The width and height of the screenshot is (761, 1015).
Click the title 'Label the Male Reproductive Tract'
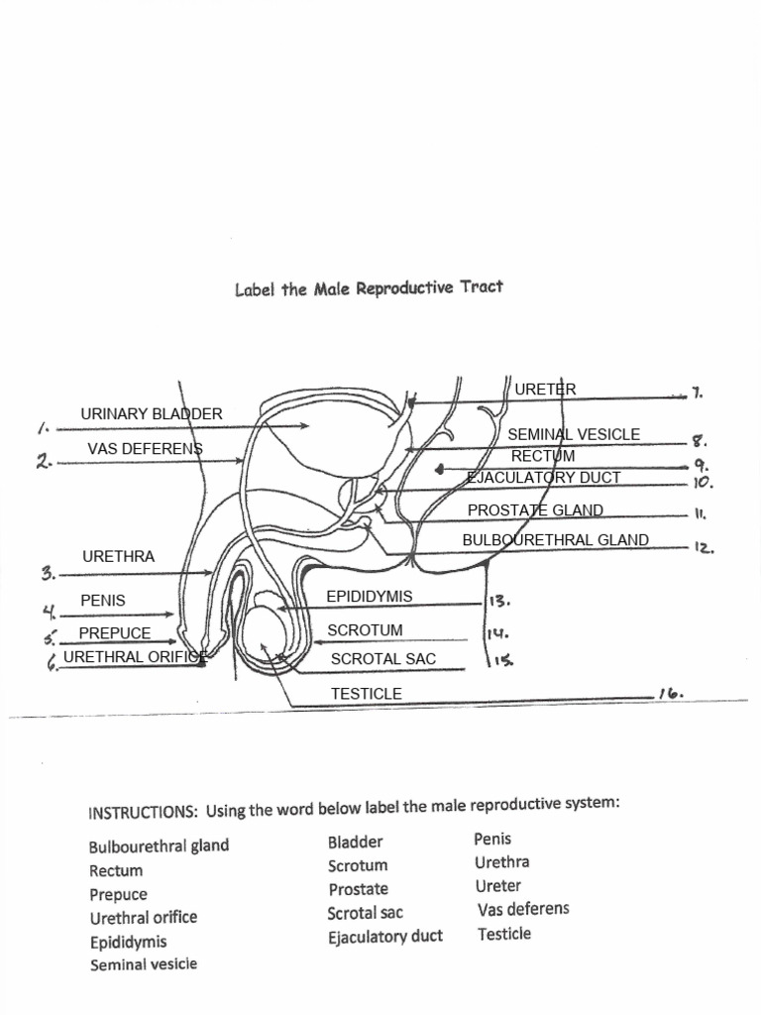pyautogui.click(x=369, y=288)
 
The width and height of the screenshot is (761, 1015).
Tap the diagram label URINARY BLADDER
pyautogui.click(x=152, y=413)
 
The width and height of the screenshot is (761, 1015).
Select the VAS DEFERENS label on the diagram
pyautogui.click(x=145, y=448)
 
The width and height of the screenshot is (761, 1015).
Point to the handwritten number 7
pyautogui.click(x=698, y=393)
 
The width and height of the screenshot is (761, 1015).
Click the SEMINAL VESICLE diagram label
pyautogui.click(x=574, y=434)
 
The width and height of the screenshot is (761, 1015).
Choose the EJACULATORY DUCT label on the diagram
pyautogui.click(x=544, y=477)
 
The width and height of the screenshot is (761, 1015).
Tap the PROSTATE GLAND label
pyautogui.click(x=535, y=510)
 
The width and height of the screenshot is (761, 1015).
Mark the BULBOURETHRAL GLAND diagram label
pyautogui.click(x=556, y=540)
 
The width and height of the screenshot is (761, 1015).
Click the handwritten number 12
pyautogui.click(x=705, y=546)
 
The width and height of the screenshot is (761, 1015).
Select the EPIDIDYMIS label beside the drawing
pyautogui.click(x=369, y=596)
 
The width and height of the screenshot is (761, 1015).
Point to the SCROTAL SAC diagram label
pyautogui.click(x=382, y=658)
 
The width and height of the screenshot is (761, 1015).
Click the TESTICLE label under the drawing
pyautogui.click(x=366, y=694)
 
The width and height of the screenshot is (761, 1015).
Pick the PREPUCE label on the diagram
pyautogui.click(x=115, y=632)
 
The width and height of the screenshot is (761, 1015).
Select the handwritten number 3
pyautogui.click(x=48, y=573)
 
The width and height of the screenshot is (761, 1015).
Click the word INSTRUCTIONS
pyautogui.click(x=143, y=813)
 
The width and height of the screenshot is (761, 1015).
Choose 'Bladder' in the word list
pyautogui.click(x=355, y=842)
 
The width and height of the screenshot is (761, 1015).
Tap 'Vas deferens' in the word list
pyautogui.click(x=523, y=909)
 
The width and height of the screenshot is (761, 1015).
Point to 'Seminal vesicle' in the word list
pyautogui.click(x=144, y=963)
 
